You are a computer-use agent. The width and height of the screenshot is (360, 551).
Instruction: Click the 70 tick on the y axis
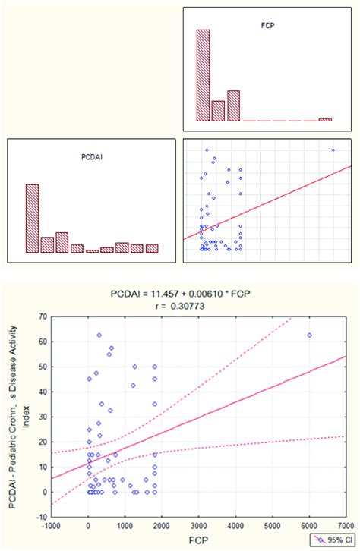click(39, 316)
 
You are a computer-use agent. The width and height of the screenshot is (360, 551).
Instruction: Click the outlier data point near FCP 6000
click(309, 335)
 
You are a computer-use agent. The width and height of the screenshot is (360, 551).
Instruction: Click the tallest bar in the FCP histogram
click(203, 75)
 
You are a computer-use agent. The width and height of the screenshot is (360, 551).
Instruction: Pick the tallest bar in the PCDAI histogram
click(32, 219)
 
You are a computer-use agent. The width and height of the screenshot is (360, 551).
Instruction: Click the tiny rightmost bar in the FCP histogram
click(325, 120)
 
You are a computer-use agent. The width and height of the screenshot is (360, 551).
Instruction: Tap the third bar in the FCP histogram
click(233, 106)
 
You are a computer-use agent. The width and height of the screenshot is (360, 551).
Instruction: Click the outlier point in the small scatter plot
click(333, 150)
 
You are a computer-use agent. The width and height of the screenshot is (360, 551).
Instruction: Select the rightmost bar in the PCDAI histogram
click(152, 248)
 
